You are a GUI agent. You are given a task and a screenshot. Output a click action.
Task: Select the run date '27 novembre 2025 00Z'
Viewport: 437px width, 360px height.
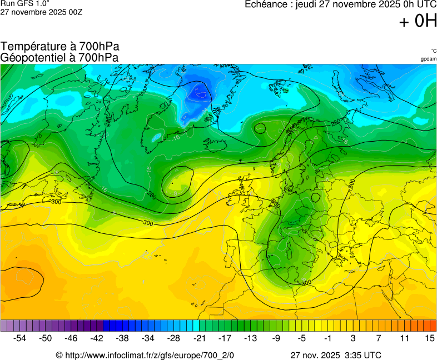(42, 12)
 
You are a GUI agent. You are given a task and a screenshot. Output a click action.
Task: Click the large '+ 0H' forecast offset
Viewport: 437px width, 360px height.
(418, 21)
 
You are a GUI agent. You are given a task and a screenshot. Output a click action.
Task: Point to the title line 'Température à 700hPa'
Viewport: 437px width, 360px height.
(60, 47)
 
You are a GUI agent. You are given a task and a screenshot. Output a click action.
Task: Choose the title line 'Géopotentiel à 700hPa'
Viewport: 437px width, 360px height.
(60, 57)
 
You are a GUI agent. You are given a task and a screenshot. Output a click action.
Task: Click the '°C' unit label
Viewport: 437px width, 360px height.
(433, 51)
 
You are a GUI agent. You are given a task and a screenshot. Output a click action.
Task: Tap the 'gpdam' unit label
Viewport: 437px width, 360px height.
(428, 59)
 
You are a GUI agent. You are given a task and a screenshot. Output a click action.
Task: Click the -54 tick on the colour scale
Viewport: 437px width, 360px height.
(20, 338)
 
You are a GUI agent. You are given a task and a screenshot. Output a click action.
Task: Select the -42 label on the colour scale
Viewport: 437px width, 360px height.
(97, 338)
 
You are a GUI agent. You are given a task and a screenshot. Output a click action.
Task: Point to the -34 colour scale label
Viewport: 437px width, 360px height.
(148, 338)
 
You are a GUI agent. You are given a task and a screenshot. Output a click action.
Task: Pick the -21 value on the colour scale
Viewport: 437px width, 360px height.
(199, 338)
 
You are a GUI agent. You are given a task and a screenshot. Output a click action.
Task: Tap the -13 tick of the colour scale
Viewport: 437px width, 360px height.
(250, 338)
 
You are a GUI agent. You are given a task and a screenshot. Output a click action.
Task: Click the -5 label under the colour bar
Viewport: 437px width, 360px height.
(301, 338)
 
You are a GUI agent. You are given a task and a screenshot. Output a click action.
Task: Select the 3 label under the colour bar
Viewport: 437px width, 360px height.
(353, 338)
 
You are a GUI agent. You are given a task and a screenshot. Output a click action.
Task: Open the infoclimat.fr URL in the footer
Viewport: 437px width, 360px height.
(150, 355)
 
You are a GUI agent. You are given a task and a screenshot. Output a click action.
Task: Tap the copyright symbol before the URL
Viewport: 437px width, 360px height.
(59, 355)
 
